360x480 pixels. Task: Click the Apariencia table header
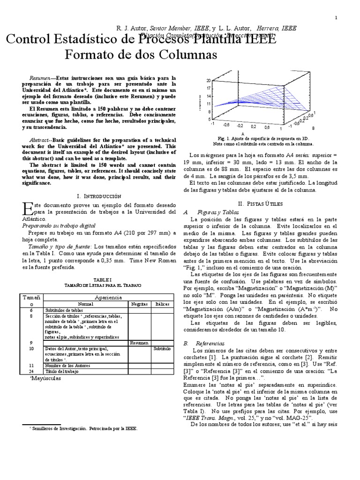pyautogui.click(x=108, y=298)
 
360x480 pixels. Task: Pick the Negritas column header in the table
pyautogui.click(x=139, y=304)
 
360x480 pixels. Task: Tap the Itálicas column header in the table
pyautogui.click(x=163, y=304)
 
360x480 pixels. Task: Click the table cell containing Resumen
pyautogui.click(x=139, y=343)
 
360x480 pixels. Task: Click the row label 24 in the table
pyautogui.click(x=31, y=372)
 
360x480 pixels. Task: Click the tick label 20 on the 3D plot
pyautogui.click(x=208, y=81)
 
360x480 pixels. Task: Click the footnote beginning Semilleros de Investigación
pyautogui.click(x=84, y=428)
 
